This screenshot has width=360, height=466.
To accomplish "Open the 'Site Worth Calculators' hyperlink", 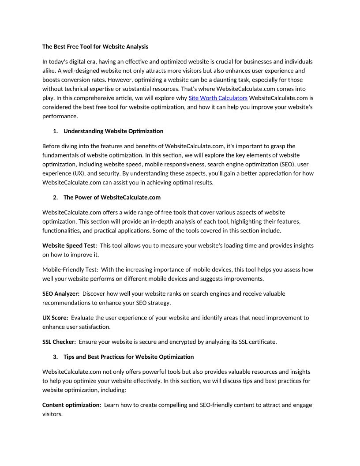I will click(x=218, y=98).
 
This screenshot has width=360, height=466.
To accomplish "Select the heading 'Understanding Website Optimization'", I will click(x=113, y=131).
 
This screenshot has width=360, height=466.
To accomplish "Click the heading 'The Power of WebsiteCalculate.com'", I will click(x=112, y=197).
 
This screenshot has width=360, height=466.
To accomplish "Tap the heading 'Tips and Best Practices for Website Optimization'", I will click(x=128, y=357).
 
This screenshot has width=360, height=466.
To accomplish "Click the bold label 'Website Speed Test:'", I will click(x=70, y=245).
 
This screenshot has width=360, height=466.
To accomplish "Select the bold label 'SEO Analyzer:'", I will click(x=61, y=293).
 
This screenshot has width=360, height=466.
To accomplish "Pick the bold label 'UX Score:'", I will click(x=55, y=318).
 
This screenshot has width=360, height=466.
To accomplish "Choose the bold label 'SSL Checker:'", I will click(x=59, y=342).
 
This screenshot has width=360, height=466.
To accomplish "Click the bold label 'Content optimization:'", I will click(x=71, y=405).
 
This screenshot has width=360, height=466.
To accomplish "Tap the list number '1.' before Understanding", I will click(x=55, y=131).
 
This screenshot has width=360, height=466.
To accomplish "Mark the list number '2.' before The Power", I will click(x=55, y=197).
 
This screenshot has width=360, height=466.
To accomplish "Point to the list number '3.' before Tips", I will click(x=55, y=357).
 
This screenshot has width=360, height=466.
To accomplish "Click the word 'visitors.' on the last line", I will click(x=52, y=414).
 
